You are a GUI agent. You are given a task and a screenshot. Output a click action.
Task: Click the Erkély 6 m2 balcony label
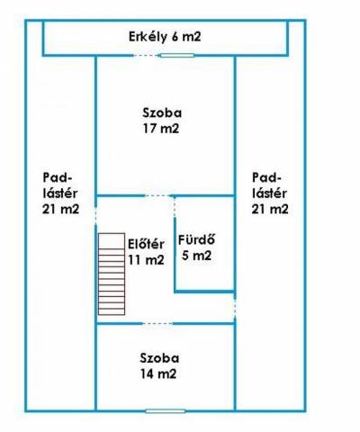click(x=165, y=37)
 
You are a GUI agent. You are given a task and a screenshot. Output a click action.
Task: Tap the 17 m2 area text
click(x=161, y=129)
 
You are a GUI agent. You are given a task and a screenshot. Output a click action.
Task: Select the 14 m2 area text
click(x=158, y=373)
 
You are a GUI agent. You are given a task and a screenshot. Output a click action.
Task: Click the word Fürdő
click(x=196, y=239)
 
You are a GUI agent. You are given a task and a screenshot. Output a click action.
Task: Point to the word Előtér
click(x=146, y=244)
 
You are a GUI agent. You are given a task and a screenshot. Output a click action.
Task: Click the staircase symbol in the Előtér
click(x=112, y=274)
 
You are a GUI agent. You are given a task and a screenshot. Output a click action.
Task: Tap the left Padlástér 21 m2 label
click(x=60, y=193)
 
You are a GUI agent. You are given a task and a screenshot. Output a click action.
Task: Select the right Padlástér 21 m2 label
click(x=270, y=193)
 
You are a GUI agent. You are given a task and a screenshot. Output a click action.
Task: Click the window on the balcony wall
click(x=177, y=55)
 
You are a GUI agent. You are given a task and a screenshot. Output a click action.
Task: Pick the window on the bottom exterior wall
click(x=166, y=411)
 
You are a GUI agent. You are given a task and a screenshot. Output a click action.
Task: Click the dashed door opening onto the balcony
click(x=146, y=55)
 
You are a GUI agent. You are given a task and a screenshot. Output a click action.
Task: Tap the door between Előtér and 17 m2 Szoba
click(x=157, y=196)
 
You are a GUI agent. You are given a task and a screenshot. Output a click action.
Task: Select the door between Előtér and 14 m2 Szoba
click(x=157, y=323)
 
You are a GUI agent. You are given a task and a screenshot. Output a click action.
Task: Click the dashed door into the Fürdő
click(x=175, y=208)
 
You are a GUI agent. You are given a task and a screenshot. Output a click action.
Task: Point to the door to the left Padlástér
click(x=95, y=214)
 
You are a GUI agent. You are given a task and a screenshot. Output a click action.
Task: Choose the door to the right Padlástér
click(x=235, y=308)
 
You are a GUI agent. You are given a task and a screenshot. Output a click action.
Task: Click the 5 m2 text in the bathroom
click(x=196, y=256)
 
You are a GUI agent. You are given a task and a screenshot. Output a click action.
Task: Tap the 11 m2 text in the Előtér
click(x=146, y=259)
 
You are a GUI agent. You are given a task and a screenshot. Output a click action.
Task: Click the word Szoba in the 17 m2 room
click(x=162, y=112)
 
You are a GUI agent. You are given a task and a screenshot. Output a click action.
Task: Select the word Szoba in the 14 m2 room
click(x=159, y=358)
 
